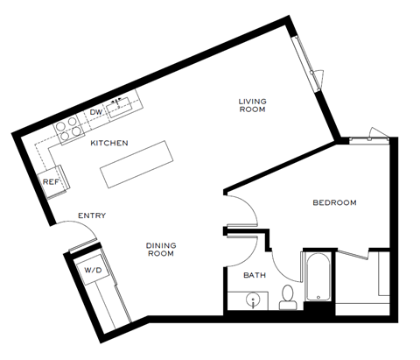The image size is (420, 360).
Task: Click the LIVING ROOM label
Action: coord(253,106)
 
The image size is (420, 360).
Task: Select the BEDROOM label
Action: coord(335,203)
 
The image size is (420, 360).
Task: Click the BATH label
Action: coord(255,276)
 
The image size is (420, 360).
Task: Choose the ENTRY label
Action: coord(92,216)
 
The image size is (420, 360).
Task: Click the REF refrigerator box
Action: coord(52,182)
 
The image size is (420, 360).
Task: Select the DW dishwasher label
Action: coord(96,113)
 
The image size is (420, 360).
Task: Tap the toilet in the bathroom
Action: coord(286,300)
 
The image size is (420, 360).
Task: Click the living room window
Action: coord(309,67)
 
